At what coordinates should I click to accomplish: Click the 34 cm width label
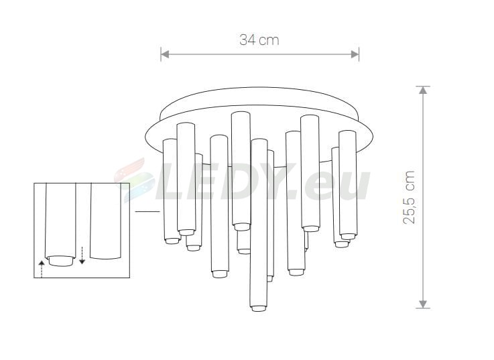259,40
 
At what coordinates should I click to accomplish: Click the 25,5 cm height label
410,197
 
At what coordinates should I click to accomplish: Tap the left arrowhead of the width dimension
165,54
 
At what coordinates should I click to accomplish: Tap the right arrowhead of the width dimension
355,54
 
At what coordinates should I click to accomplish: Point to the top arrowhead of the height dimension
423,90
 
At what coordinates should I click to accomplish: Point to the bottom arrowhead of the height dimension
423,304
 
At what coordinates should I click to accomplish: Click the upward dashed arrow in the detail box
42,269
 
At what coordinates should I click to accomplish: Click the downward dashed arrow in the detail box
82,255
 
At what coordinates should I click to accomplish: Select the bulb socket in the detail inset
61,261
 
